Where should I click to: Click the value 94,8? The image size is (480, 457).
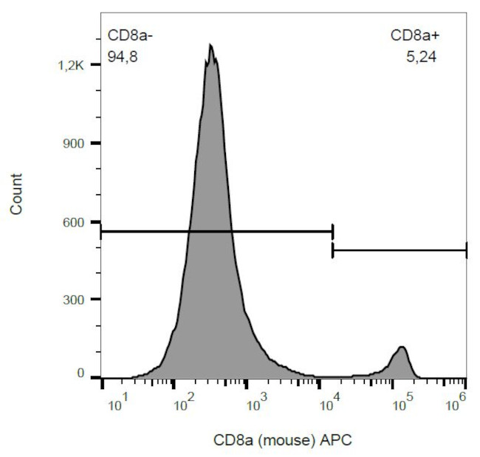(123, 55)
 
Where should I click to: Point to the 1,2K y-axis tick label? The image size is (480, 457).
(72, 66)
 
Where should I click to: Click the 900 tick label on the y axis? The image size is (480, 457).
(77, 143)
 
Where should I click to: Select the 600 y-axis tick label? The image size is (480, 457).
(77, 221)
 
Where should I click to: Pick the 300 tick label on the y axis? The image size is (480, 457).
(77, 299)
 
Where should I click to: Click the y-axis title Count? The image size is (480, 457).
(16, 194)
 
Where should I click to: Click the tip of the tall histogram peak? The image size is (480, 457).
(210, 45)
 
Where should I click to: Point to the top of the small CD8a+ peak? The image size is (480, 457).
(401, 347)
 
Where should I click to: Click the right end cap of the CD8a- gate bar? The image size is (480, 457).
(333, 231)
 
